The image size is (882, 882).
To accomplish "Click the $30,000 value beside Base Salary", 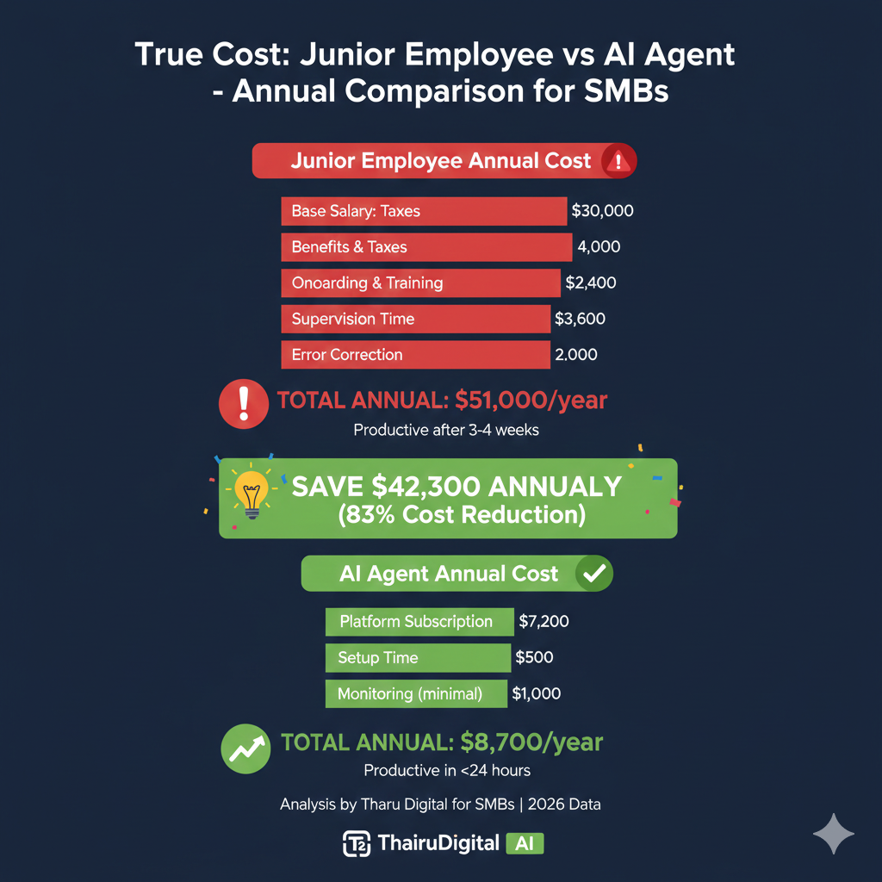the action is click(x=602, y=211).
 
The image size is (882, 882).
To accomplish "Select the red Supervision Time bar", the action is click(x=416, y=319).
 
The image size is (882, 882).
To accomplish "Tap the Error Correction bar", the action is click(x=416, y=355).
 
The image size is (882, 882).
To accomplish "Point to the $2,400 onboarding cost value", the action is click(x=591, y=283).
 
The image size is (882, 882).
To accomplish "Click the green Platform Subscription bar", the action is click(x=419, y=622).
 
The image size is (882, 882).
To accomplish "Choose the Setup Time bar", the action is click(x=418, y=657).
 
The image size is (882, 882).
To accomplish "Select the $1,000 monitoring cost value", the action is click(x=536, y=693).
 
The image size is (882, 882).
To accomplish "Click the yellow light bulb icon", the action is click(x=252, y=494).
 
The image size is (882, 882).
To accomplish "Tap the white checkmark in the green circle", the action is click(x=594, y=573).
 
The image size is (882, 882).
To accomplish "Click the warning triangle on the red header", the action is click(x=618, y=161).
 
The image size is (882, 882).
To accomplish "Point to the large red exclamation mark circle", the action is click(x=244, y=404).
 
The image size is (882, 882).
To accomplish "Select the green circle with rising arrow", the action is click(x=245, y=748).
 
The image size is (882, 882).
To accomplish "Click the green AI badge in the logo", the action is click(x=525, y=844).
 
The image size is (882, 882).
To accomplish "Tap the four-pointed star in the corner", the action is click(x=834, y=834).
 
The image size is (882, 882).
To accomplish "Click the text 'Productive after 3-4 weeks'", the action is click(x=446, y=431).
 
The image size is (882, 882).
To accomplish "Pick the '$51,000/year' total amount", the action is click(x=531, y=401).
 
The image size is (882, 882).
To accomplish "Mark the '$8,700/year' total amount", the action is click(x=531, y=742).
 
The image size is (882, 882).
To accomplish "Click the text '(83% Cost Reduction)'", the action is click(x=462, y=515).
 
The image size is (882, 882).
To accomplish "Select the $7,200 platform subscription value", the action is click(x=544, y=622).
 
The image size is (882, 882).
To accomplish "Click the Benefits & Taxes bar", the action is click(x=426, y=247).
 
